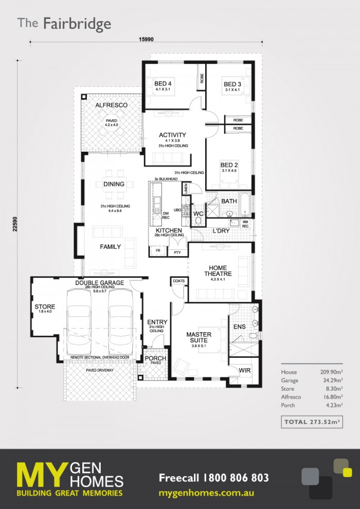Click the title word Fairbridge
[x=77, y=24]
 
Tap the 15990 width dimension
[x=146, y=39]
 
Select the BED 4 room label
[x=163, y=84]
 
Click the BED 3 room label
[x=232, y=84]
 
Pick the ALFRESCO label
[x=111, y=105]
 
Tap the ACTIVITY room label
[x=172, y=135]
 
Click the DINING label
[x=114, y=184]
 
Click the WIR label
[x=244, y=370]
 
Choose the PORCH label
[x=155, y=358]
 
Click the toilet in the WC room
[x=198, y=221]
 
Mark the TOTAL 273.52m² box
[x=312, y=423]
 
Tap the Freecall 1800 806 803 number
[x=213, y=478]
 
